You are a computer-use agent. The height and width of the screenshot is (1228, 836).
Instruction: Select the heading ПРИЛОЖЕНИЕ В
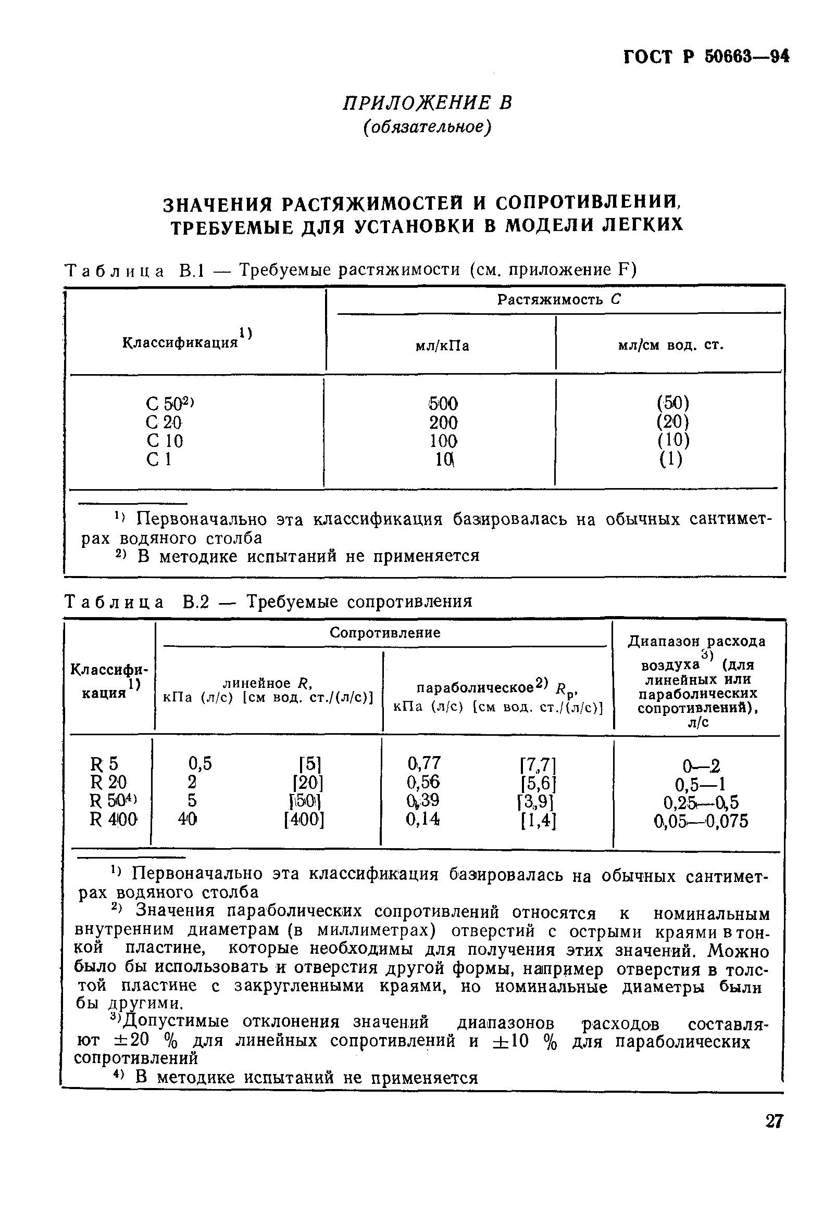[x=427, y=103]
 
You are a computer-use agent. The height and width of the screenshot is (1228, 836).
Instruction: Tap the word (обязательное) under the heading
[x=427, y=127]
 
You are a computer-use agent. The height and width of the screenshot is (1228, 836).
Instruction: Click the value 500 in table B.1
[x=443, y=404]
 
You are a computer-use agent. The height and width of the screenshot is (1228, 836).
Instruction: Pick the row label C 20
[x=164, y=422]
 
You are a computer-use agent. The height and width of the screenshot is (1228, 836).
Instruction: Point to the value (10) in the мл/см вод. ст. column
[x=673, y=440]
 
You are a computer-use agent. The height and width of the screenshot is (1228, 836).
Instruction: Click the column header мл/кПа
[x=442, y=346]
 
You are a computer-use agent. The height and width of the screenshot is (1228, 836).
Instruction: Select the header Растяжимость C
[x=558, y=300]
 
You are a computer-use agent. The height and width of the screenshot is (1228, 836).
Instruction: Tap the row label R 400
[x=114, y=820]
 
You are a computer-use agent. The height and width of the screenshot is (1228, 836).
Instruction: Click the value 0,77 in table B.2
[x=423, y=763]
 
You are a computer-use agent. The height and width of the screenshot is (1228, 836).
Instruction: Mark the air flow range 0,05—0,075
[x=701, y=821]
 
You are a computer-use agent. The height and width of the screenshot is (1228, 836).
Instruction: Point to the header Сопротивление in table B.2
[x=384, y=633]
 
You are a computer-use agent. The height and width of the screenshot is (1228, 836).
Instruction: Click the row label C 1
[x=159, y=459]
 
